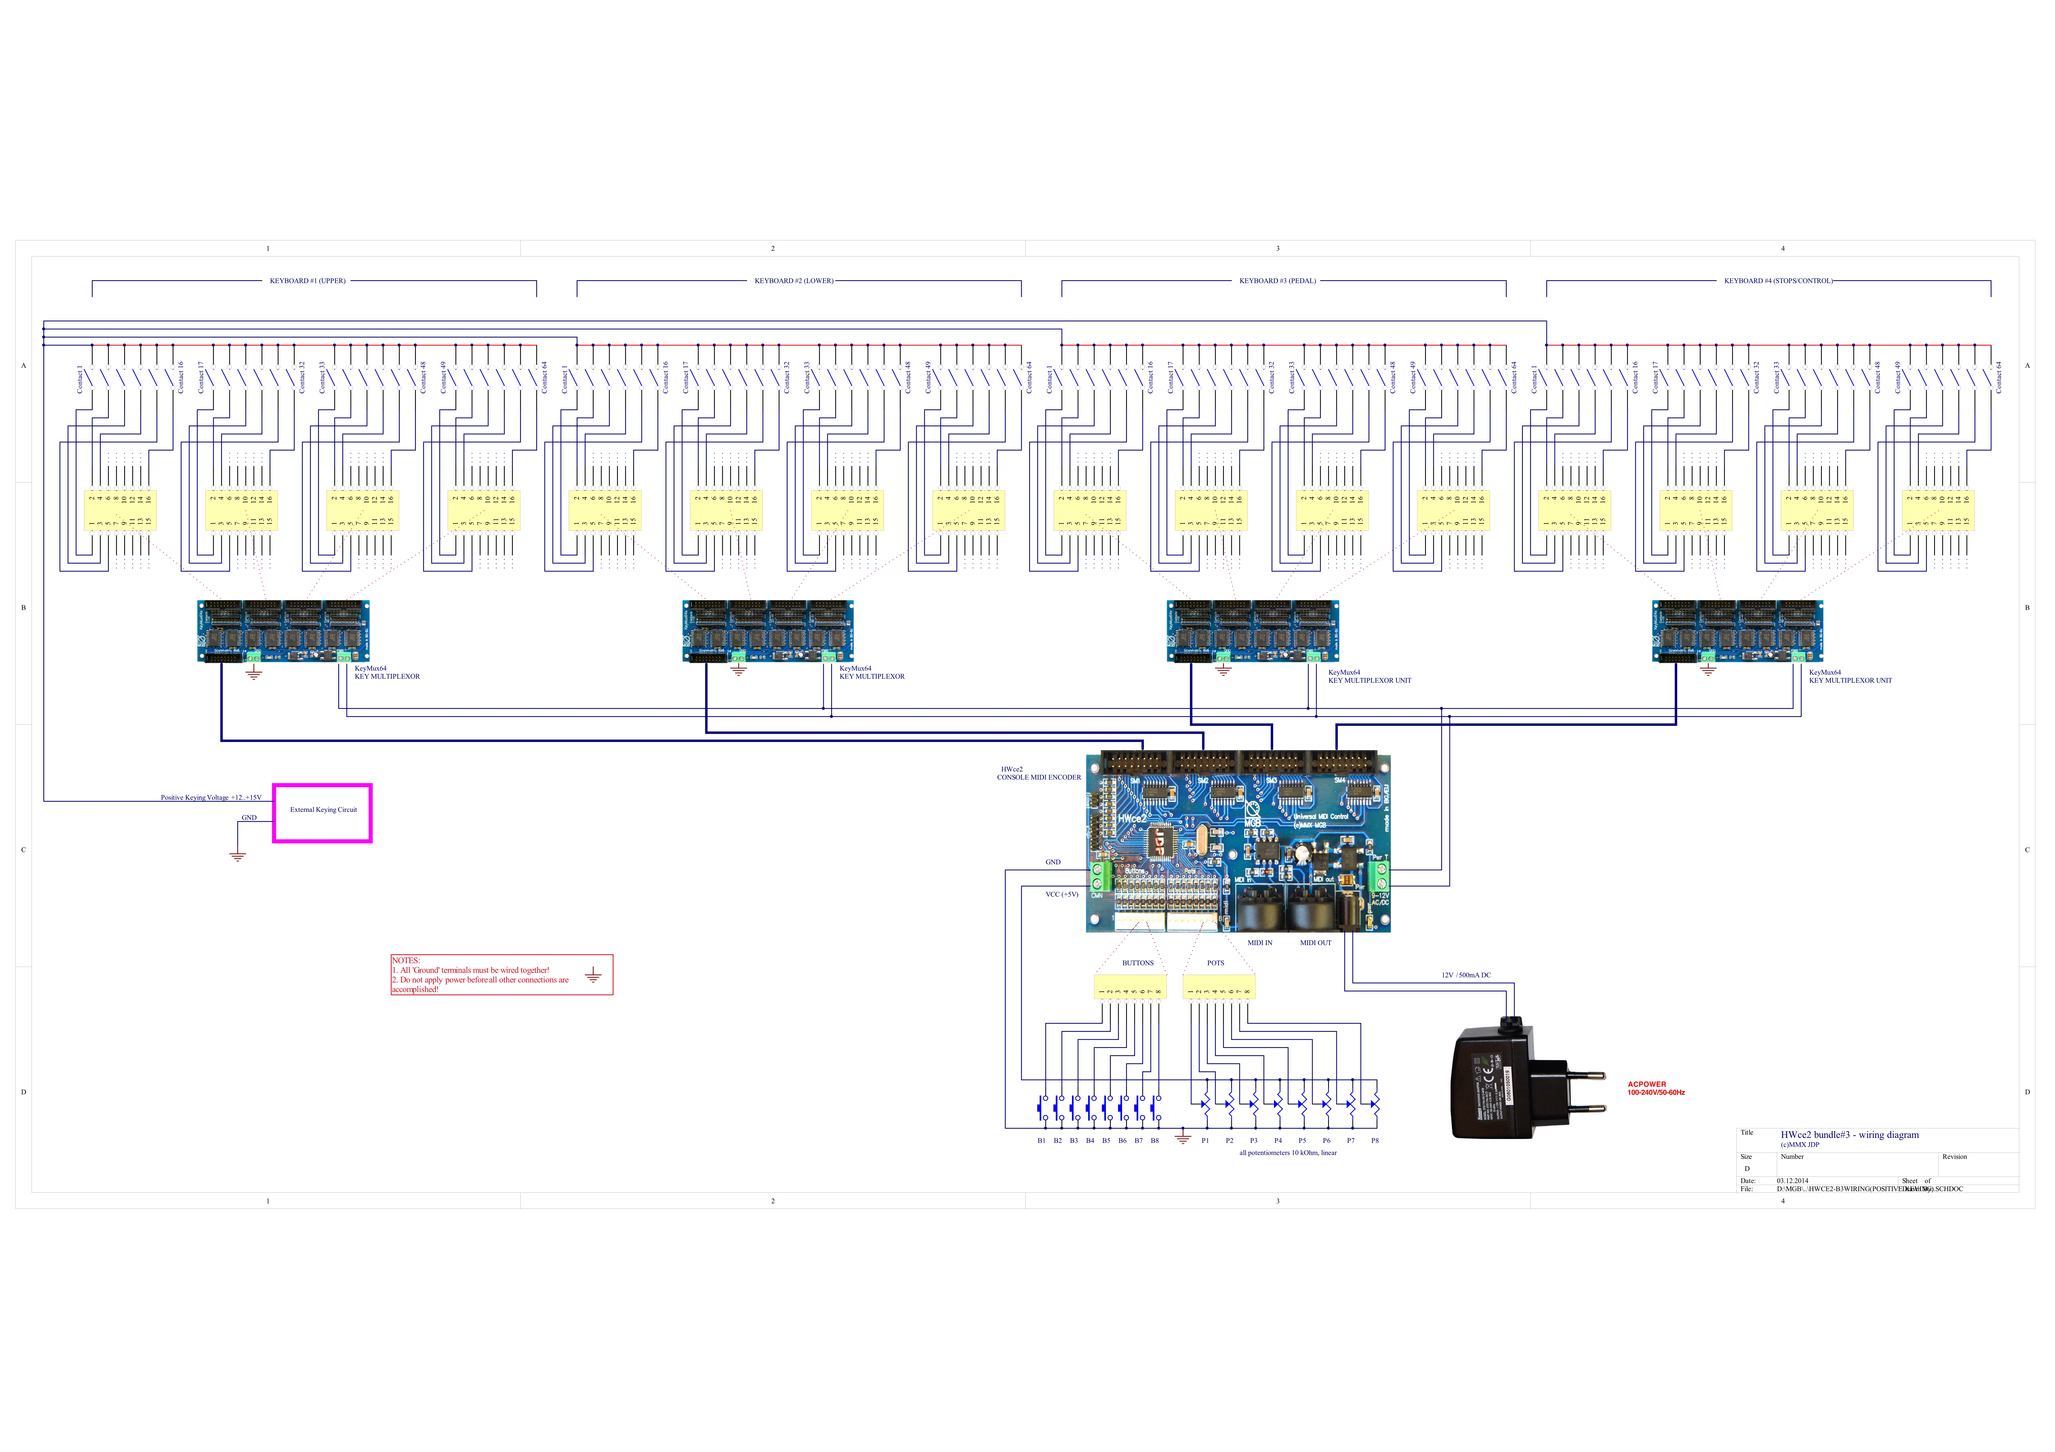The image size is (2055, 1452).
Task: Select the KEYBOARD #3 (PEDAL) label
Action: (1277, 281)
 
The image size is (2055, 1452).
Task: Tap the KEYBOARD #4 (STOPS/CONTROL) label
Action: (1778, 281)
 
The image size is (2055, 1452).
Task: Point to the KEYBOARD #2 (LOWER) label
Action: (793, 281)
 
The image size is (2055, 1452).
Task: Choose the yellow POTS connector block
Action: (1218, 987)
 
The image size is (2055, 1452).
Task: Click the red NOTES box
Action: (501, 974)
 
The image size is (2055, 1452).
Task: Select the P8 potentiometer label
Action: (1375, 1141)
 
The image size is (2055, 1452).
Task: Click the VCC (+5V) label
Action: (1062, 894)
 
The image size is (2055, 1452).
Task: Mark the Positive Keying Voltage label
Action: (211, 797)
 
